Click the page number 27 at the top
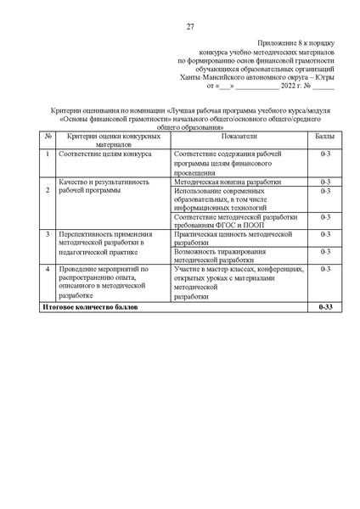pyautogui.click(x=190, y=25)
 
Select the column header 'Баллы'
pyautogui.click(x=324, y=136)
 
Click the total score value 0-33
pyautogui.click(x=324, y=305)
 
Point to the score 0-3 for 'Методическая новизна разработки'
pyautogui.click(x=324, y=182)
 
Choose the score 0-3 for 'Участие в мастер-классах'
pyautogui.click(x=324, y=269)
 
